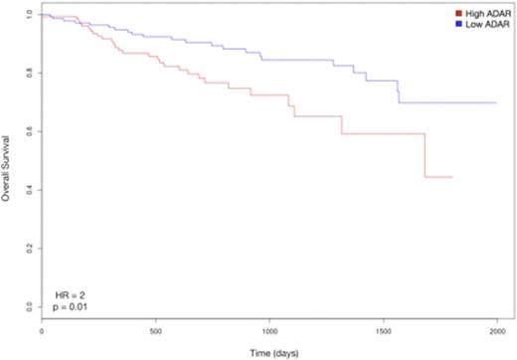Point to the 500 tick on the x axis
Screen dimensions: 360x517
point(155,329)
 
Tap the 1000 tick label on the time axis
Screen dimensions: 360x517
point(268,329)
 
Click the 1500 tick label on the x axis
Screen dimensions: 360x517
point(383,329)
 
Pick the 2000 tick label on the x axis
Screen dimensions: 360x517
point(496,329)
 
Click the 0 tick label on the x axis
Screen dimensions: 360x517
point(42,329)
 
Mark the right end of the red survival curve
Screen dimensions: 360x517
point(452,177)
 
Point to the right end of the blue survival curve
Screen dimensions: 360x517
point(496,102)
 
